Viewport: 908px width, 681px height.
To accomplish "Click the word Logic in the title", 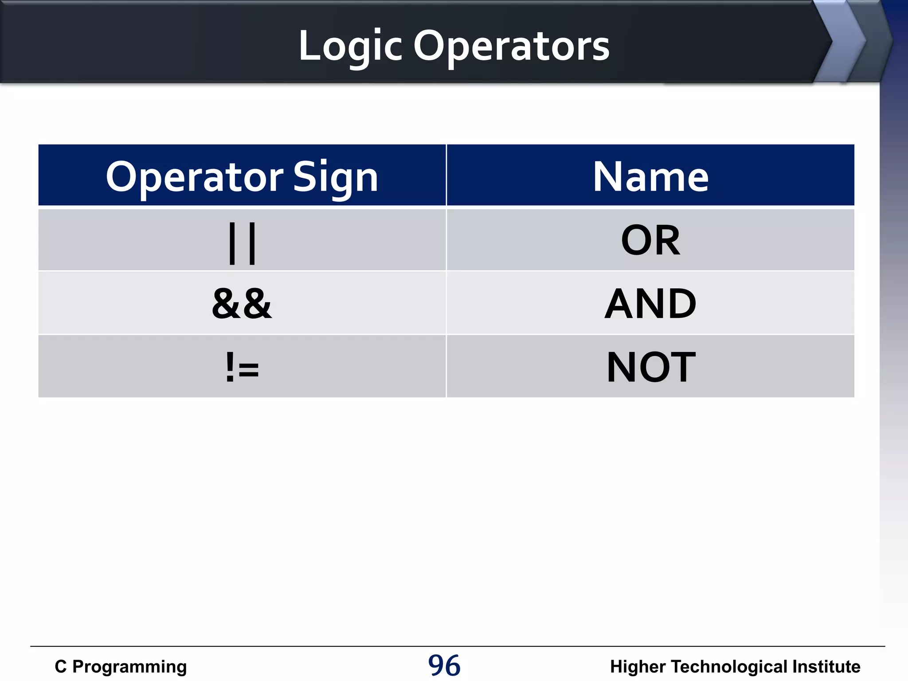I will [x=350, y=47].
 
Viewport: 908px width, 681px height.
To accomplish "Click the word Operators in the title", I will [x=512, y=47].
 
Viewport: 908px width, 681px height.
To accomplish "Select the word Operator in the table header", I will [x=195, y=177].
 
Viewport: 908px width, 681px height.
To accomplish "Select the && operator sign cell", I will [x=242, y=304].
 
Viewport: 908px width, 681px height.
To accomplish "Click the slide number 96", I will [x=444, y=665].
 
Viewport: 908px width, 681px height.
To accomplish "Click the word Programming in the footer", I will [x=129, y=667].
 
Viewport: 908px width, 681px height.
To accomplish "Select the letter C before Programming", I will [x=61, y=667].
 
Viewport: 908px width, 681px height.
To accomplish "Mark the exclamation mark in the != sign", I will [x=230, y=366].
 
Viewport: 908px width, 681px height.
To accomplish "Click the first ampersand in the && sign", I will [x=227, y=304].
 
